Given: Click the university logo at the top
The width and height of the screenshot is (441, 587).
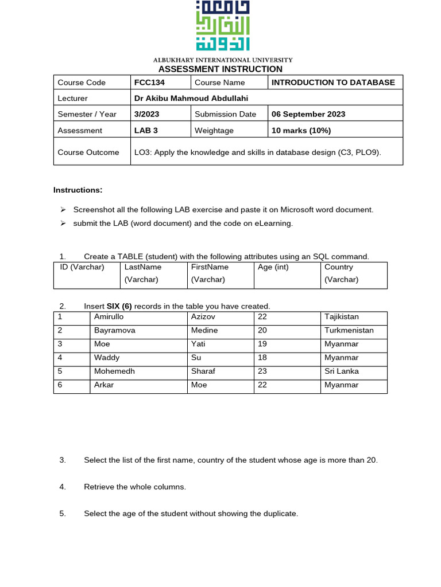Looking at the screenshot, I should (x=222, y=26).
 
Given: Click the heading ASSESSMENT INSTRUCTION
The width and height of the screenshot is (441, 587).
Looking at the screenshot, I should (x=220, y=69).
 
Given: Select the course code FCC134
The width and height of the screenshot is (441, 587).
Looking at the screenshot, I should (x=149, y=83).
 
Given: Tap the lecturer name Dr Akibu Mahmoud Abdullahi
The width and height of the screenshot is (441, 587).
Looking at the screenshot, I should (x=191, y=98).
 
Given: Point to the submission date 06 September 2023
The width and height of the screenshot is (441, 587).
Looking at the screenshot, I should (x=308, y=114).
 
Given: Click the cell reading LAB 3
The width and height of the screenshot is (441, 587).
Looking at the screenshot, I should (x=146, y=130).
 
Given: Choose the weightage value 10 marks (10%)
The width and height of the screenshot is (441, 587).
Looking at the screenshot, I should (x=301, y=130).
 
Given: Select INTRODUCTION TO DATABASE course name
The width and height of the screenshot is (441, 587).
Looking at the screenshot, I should (x=333, y=83).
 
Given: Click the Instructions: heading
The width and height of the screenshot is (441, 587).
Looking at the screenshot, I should (x=78, y=190).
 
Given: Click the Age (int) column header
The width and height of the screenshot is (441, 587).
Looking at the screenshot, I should (x=273, y=267).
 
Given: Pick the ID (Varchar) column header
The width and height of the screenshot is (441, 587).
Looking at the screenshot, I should (x=82, y=267).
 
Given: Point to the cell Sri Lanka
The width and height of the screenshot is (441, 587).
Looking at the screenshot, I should (x=341, y=371).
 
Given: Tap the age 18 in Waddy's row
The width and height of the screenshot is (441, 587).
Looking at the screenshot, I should (x=262, y=358).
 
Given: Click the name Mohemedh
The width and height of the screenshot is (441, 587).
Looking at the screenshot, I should (x=114, y=371).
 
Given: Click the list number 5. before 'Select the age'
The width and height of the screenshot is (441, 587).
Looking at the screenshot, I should (x=63, y=514).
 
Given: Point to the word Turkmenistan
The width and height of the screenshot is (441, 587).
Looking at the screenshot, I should (x=349, y=330).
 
